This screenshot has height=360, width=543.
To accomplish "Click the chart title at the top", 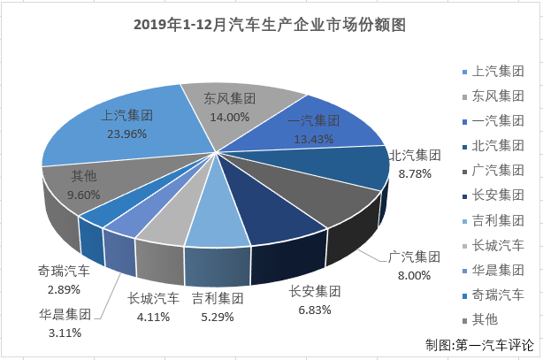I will pos(270,26).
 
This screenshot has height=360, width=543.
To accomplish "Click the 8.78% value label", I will pos(416,174).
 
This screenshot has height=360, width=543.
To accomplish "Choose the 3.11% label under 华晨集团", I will pos(66,333).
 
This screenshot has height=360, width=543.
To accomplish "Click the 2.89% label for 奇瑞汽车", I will pos(64,289).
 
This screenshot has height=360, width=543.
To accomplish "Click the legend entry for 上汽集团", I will pos(495,71).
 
